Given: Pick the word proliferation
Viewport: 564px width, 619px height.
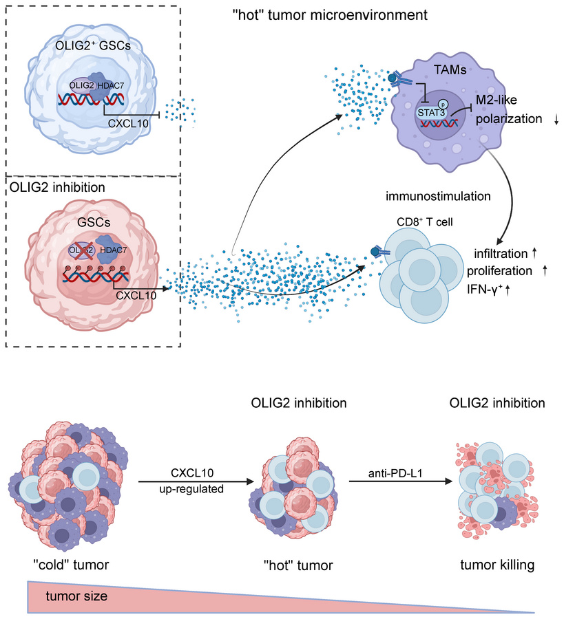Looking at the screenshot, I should pyautogui.click(x=506, y=271).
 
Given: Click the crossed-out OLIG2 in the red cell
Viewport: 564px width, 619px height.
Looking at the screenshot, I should pyautogui.click(x=80, y=250).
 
